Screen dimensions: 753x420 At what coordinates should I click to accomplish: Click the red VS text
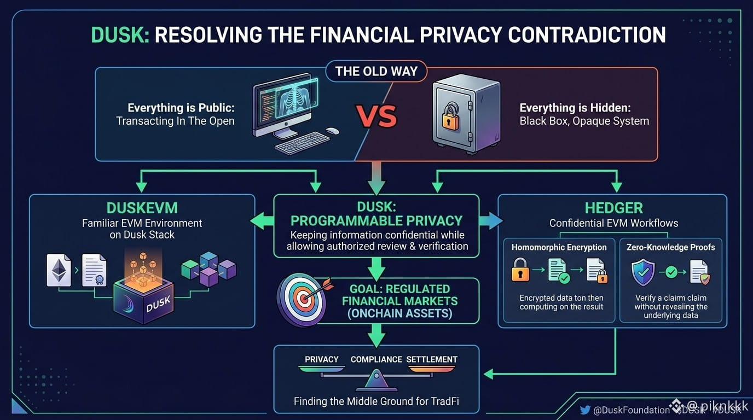[x=376, y=116]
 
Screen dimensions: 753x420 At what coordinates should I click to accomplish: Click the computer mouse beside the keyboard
[x=332, y=131]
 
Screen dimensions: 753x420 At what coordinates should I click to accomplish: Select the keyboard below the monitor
[x=302, y=143]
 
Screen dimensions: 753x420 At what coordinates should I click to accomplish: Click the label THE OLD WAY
[x=376, y=71]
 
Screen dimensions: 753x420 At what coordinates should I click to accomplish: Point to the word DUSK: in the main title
[x=120, y=34]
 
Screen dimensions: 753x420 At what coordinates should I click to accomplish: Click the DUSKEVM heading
[x=142, y=208]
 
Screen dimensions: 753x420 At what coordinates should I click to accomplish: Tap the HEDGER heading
[x=614, y=208]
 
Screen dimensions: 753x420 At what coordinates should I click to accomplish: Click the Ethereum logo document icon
[x=59, y=270]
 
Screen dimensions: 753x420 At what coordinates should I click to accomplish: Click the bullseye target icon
[x=302, y=299]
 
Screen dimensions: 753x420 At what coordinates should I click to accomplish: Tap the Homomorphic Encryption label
[x=559, y=247]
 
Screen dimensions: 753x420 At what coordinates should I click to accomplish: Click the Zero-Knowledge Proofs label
[x=671, y=247]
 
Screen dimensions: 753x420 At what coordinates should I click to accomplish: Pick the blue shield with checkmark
[x=643, y=272]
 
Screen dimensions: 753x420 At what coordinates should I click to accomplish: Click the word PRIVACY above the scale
[x=321, y=359]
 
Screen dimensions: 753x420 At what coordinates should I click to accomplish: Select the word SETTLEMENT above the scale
[x=432, y=359]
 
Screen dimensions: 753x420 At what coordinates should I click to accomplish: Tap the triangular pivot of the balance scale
[x=376, y=380]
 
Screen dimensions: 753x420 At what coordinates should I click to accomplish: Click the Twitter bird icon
[x=585, y=410]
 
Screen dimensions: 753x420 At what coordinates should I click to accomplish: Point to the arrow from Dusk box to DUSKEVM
[x=262, y=221]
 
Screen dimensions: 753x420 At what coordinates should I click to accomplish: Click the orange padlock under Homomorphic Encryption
[x=520, y=270]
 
